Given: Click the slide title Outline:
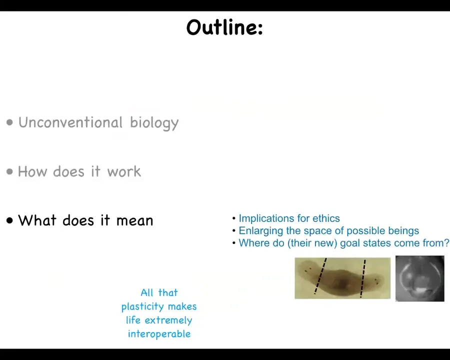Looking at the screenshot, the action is click(224, 27).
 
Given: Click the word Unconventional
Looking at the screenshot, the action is click(70, 122).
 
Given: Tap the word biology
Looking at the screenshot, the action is click(154, 123).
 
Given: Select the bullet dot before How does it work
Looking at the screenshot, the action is click(10, 171).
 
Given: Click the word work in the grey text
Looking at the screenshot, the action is click(124, 171).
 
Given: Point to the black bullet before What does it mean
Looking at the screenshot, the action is click(10, 220).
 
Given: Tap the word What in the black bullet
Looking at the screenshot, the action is click(37, 220).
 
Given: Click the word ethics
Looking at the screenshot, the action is click(326, 218).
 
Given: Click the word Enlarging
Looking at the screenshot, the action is click(261, 231).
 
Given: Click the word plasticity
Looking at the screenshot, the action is click(143, 306).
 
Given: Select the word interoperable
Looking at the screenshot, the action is click(159, 334).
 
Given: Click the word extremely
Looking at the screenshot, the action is click(168, 320).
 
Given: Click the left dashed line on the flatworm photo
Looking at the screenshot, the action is click(320, 276).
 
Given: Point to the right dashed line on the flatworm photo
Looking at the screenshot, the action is click(363, 278).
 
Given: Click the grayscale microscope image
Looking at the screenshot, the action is click(420, 278).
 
